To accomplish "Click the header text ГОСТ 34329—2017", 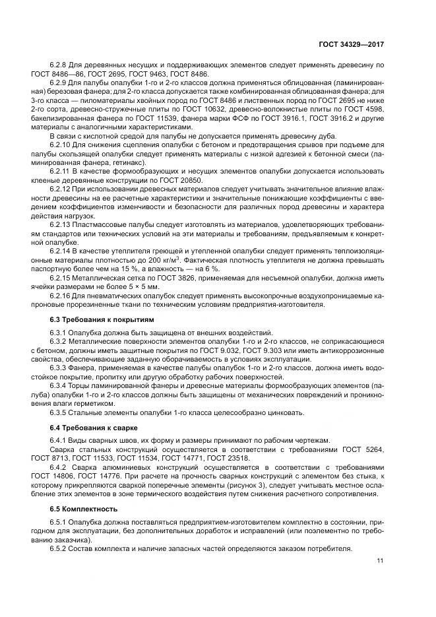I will (351, 44).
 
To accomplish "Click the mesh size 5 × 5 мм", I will (144, 288).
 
